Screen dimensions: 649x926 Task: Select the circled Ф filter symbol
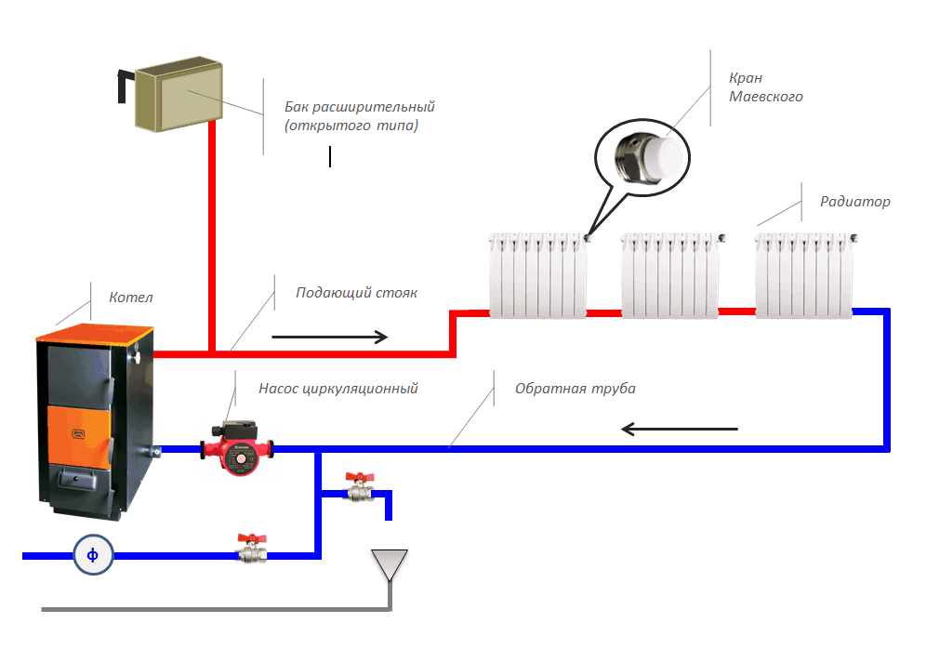pyautogui.click(x=93, y=555)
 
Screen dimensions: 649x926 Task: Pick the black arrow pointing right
pyautogui.click(x=329, y=337)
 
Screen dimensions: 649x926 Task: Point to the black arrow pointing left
pyautogui.click(x=679, y=429)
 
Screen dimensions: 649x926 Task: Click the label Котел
pyautogui.click(x=130, y=298)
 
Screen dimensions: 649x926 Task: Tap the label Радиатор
pyautogui.click(x=854, y=201)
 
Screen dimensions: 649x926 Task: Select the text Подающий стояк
pyautogui.click(x=356, y=293)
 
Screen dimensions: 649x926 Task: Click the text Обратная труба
pyautogui.click(x=575, y=388)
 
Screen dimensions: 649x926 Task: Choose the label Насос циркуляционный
pyautogui.click(x=337, y=388)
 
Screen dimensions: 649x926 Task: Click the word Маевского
pyautogui.click(x=765, y=97)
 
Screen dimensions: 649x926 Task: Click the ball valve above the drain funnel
pyautogui.click(x=358, y=487)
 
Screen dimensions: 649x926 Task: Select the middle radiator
pyautogui.click(x=670, y=275)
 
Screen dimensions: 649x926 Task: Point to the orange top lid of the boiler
pyautogui.click(x=93, y=335)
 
